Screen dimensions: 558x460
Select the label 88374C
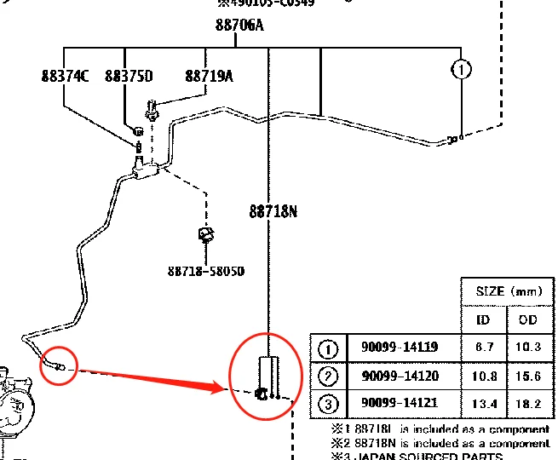coord(65,77)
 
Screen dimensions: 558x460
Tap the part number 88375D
coord(129,77)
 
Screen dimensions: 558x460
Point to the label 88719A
coord(209,77)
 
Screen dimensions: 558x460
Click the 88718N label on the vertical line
coord(273,211)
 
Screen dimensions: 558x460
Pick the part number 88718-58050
coord(205,271)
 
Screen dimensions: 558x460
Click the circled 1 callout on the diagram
coord(461,69)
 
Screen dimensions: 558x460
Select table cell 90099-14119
coord(400,348)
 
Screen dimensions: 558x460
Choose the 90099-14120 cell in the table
coord(400,376)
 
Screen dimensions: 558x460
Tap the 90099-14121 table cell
coord(400,403)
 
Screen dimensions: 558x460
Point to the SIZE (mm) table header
coord(508,291)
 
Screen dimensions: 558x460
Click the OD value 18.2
coord(529,403)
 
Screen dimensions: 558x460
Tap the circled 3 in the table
coord(328,403)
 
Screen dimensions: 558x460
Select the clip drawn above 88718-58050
coord(205,234)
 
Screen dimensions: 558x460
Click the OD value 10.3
coord(529,348)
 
